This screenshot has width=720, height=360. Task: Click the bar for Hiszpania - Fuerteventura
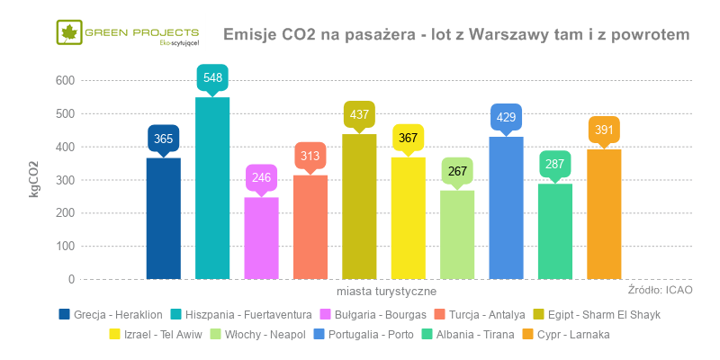[212, 188]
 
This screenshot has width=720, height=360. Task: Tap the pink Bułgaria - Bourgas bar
[261, 238]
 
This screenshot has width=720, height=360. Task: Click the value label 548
[212, 77]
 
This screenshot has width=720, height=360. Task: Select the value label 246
[261, 177]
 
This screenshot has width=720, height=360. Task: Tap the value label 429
[506, 117]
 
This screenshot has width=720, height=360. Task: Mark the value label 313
[310, 155]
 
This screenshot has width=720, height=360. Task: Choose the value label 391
[604, 130]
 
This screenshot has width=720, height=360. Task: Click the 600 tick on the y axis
[63, 80]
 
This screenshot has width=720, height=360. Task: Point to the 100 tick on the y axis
[63, 246]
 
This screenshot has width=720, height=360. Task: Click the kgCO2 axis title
[34, 179]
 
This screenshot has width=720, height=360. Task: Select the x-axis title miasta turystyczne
[387, 292]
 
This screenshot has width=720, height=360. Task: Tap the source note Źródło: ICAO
[660, 290]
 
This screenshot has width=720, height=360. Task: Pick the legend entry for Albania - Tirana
[468, 334]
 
